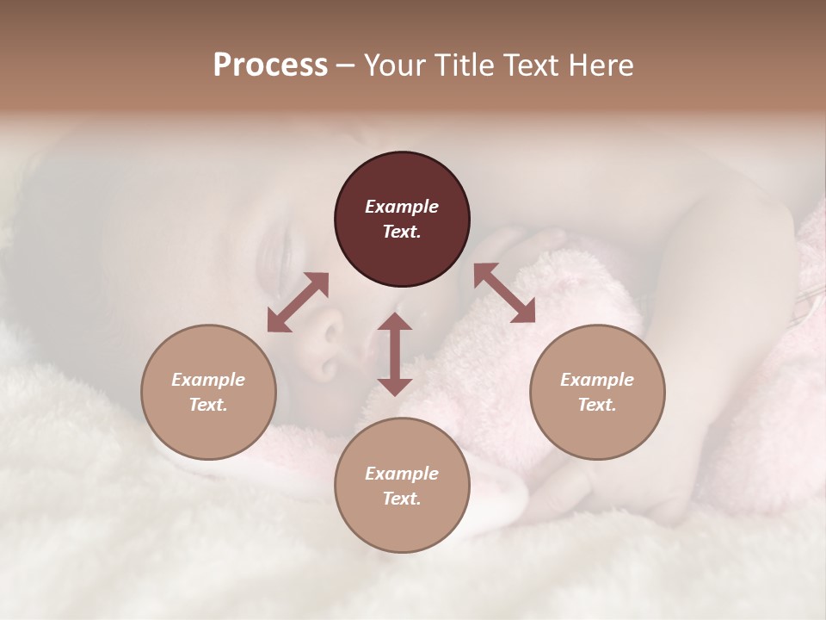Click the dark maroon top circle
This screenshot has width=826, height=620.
(x=402, y=220)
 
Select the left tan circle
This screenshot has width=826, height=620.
(x=208, y=392)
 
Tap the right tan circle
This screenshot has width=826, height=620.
(x=597, y=392)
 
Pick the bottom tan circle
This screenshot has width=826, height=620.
(x=402, y=486)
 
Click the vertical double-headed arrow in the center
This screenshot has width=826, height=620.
(x=395, y=354)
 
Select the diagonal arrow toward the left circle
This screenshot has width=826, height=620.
(x=298, y=302)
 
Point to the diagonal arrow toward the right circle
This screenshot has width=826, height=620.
(x=505, y=293)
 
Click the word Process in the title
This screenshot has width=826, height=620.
(x=270, y=65)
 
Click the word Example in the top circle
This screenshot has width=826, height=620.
(x=402, y=207)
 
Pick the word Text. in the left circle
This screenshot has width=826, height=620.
(x=208, y=405)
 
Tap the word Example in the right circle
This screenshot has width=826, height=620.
(x=597, y=380)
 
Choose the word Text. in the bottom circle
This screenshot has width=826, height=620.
(x=402, y=499)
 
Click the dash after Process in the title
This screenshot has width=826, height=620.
(x=346, y=65)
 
